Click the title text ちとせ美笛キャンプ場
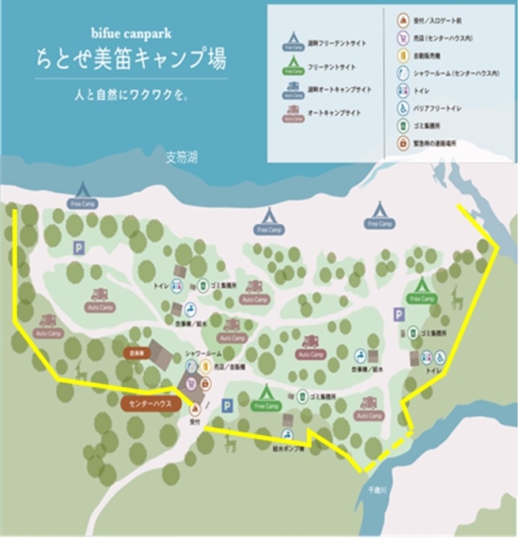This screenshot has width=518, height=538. pos(131,60)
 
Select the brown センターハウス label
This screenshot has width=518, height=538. pos(150,403)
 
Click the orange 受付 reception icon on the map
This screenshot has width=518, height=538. pos(194,407)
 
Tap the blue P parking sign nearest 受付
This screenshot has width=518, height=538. pos(227,406)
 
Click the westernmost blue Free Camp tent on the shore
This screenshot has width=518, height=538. pos(82,192)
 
